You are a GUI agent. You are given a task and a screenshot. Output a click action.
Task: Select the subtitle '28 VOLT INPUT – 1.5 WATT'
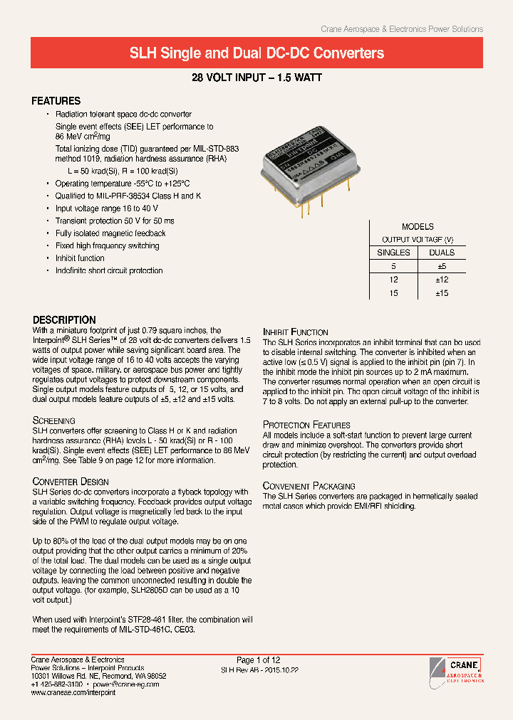[x=256, y=78]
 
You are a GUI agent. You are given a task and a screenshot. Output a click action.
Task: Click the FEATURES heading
[x=56, y=101]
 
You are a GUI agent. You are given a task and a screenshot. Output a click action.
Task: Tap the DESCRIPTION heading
[x=64, y=320]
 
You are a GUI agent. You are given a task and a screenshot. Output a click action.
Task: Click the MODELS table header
[x=418, y=227]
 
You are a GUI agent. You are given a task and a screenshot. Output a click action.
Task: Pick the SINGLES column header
[x=393, y=253]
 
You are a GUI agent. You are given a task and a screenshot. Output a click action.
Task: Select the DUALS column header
[x=441, y=253]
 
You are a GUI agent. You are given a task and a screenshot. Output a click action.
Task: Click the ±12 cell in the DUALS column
[x=441, y=280]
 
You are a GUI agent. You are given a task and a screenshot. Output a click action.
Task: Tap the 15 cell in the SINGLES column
[x=393, y=293]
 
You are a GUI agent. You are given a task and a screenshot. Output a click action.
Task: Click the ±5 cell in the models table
[x=441, y=266]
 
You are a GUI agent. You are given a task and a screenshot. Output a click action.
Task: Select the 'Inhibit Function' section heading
[x=295, y=332]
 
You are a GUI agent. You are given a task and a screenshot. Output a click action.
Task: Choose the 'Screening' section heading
[x=53, y=421]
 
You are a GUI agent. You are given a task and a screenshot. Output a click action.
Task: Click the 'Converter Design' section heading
[x=71, y=482]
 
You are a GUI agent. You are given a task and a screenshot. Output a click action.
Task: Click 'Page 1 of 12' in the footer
[x=258, y=660]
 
